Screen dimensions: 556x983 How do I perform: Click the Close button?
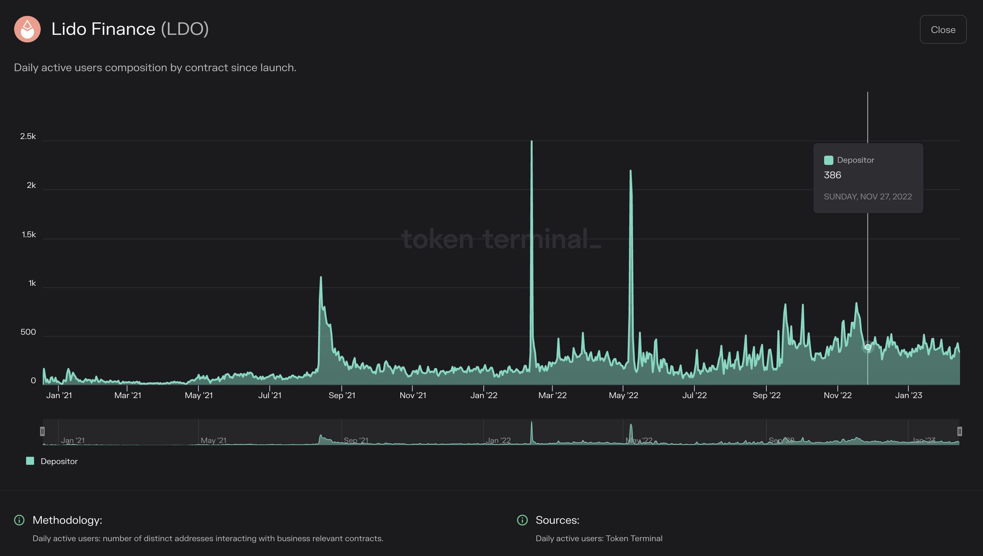pyautogui.click(x=943, y=29)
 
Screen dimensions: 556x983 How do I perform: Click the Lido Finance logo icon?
pyautogui.click(x=27, y=29)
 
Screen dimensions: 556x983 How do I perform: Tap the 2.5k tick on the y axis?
pyautogui.click(x=28, y=136)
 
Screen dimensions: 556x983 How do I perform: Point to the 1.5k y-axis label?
pyautogui.click(x=29, y=235)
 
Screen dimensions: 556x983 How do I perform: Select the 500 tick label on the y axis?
pyautogui.click(x=28, y=332)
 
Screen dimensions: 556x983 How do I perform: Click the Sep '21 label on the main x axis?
pyautogui.click(x=341, y=395)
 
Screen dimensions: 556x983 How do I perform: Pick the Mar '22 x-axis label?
pyautogui.click(x=552, y=395)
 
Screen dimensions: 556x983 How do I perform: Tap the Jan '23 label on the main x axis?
pyautogui.click(x=908, y=395)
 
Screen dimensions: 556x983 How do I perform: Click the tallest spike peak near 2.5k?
pyautogui.click(x=531, y=142)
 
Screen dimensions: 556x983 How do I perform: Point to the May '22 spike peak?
pyautogui.click(x=630, y=171)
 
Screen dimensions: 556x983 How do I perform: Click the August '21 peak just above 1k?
pyautogui.click(x=320, y=278)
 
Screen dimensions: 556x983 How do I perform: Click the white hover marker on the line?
pyautogui.click(x=868, y=347)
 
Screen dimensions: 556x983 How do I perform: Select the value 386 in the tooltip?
pyautogui.click(x=832, y=175)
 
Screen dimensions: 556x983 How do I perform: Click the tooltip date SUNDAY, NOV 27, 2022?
pyautogui.click(x=867, y=197)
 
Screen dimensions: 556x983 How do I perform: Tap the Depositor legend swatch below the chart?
pyautogui.click(x=30, y=461)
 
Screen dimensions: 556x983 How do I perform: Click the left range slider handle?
pyautogui.click(x=42, y=431)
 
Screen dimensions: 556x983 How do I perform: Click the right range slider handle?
pyautogui.click(x=959, y=431)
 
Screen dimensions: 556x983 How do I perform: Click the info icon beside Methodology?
pyautogui.click(x=19, y=520)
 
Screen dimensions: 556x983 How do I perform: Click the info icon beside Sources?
pyautogui.click(x=522, y=520)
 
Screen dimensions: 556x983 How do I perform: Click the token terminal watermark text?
pyautogui.click(x=500, y=239)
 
